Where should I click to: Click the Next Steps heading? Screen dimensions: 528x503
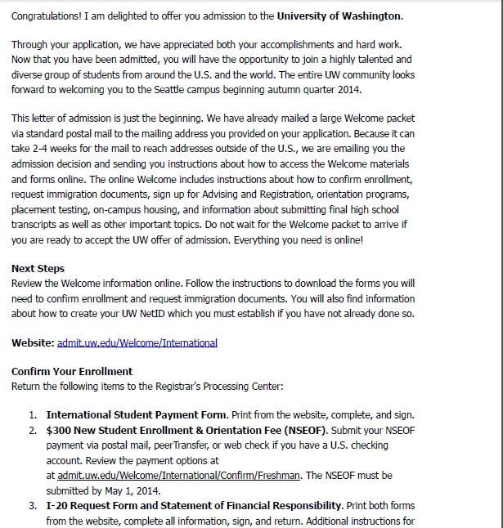click(38, 268)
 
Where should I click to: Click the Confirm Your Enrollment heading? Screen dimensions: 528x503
click(72, 371)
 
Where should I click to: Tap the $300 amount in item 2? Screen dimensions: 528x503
click(58, 430)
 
